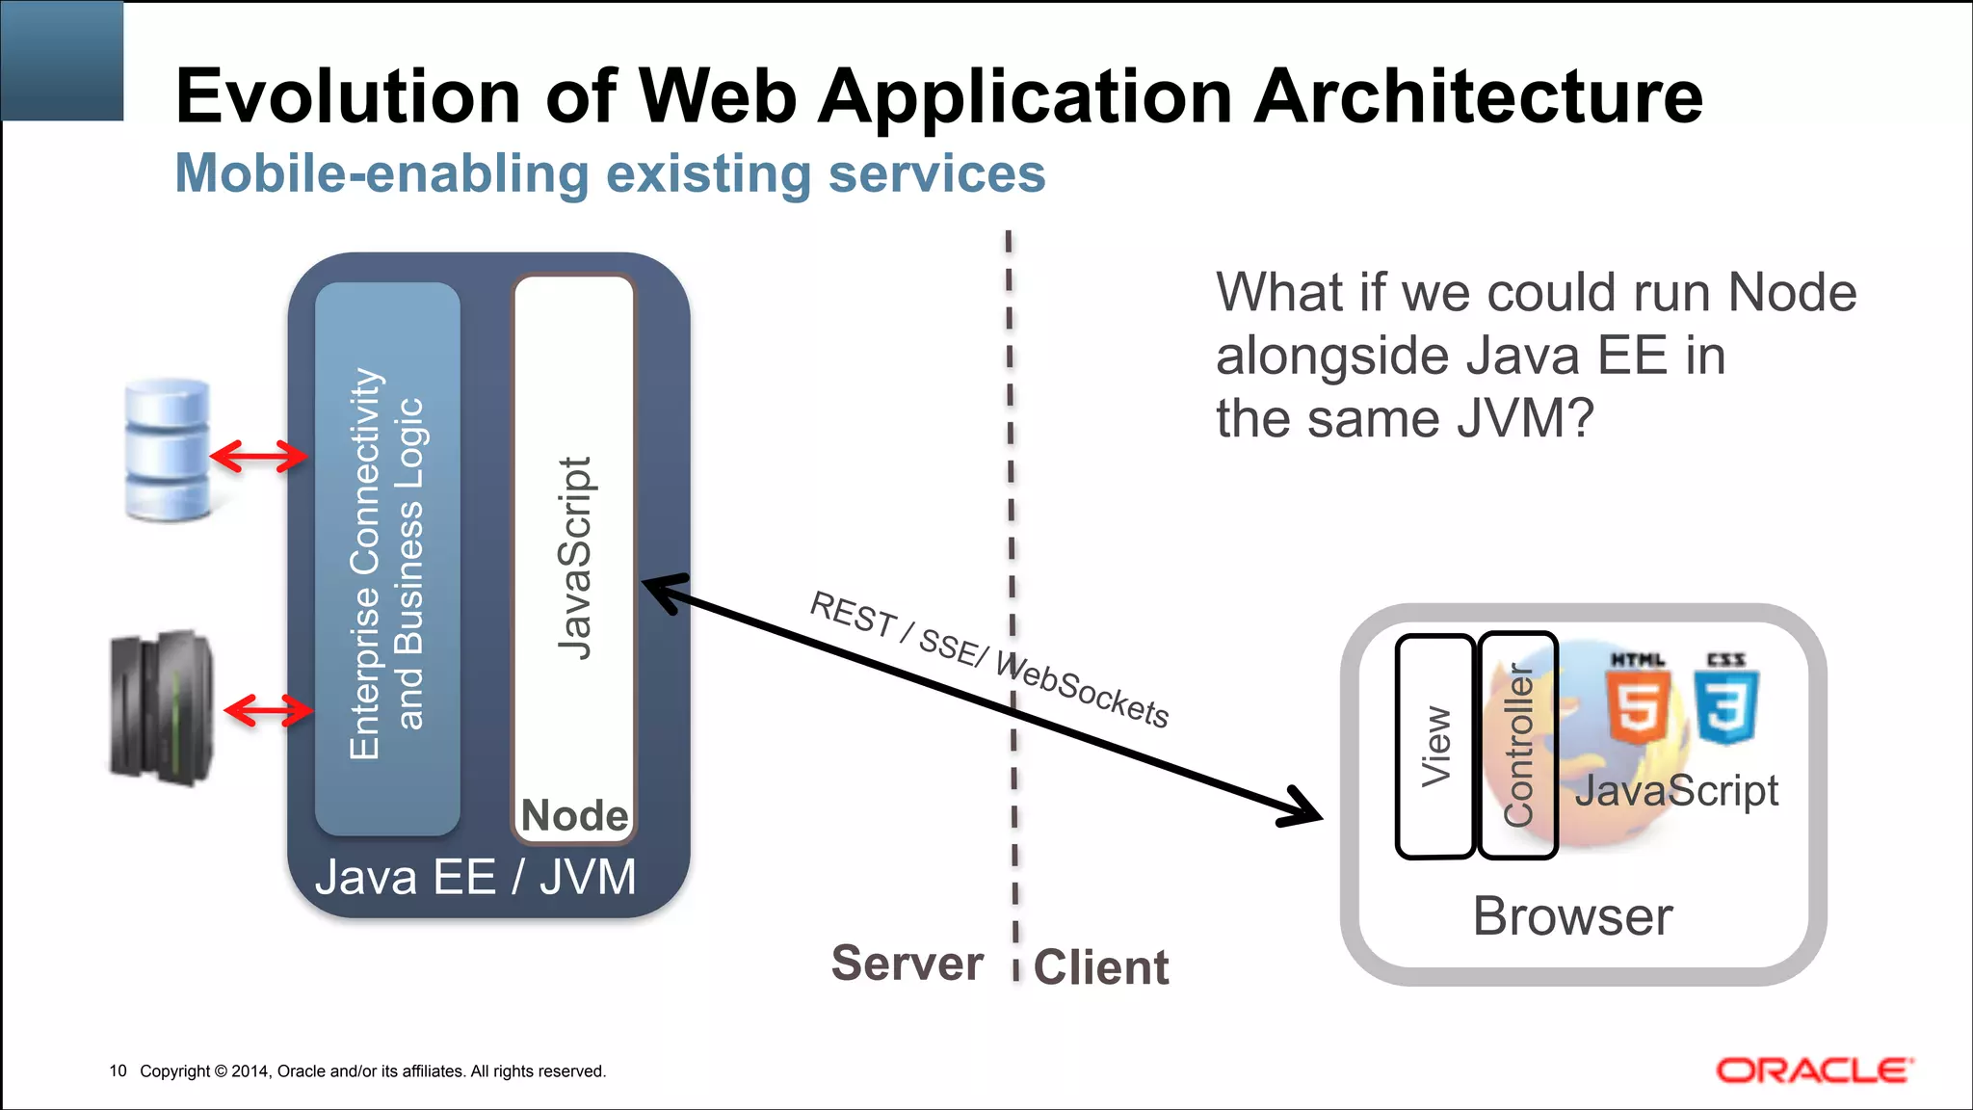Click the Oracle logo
tap(1814, 1071)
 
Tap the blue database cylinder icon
tap(168, 450)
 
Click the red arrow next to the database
tap(258, 456)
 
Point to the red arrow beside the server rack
tap(268, 711)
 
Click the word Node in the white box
tap(574, 815)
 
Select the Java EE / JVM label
tap(475, 877)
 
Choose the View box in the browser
tap(1434, 746)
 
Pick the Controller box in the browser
tap(1518, 746)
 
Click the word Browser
tap(1572, 915)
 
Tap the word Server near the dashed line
tap(907, 964)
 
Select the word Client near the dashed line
tap(1101, 967)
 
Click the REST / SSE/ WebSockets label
tap(988, 659)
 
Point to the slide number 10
tap(118, 1070)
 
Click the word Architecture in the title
tap(1478, 96)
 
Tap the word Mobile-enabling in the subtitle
tap(381, 173)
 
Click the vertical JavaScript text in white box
tap(574, 559)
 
